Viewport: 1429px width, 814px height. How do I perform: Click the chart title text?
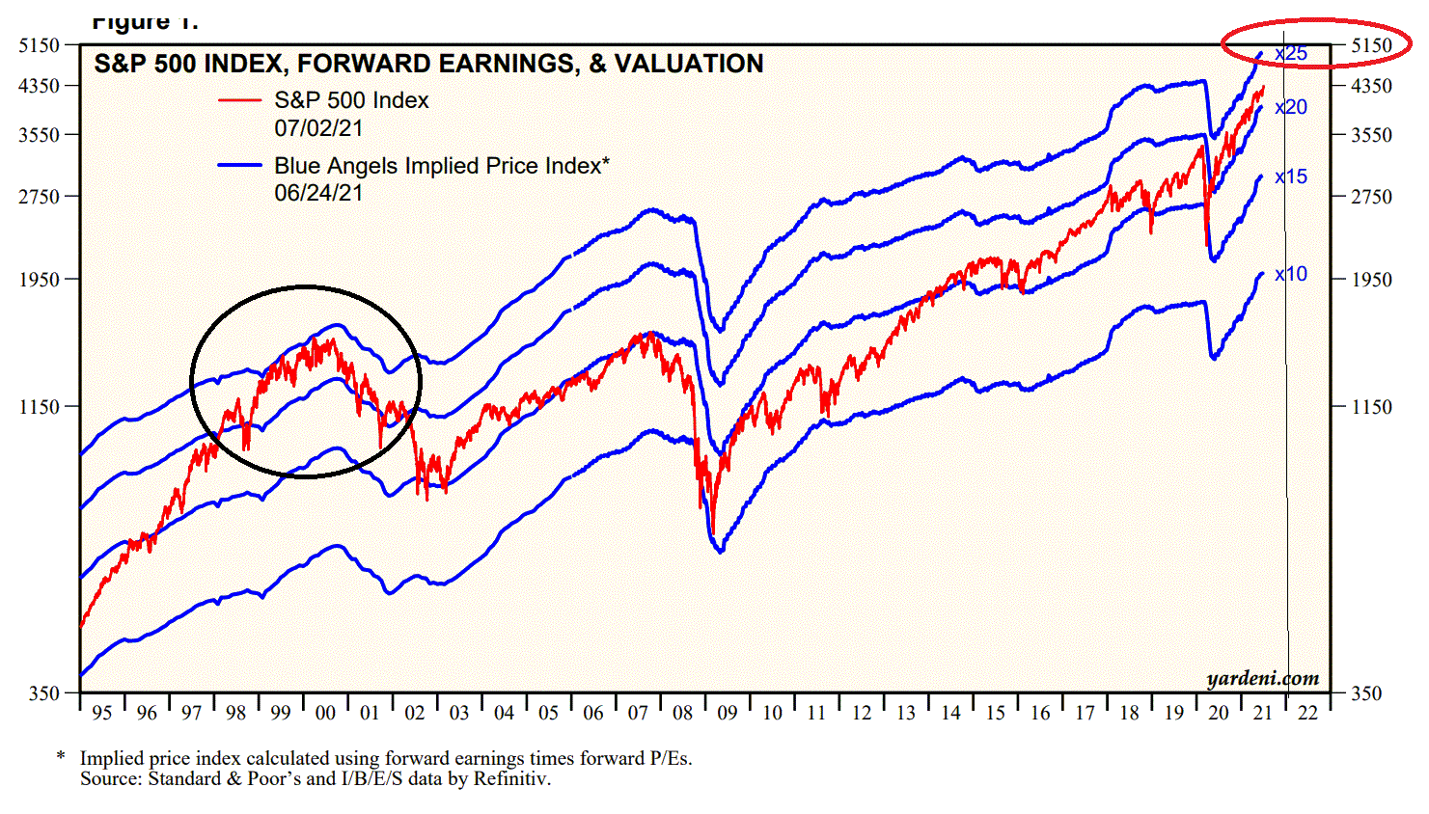coord(428,64)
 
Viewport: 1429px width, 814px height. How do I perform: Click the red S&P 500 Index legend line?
coord(239,100)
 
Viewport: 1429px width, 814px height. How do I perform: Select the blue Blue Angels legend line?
coord(239,165)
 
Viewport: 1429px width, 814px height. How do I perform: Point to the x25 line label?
coord(1291,54)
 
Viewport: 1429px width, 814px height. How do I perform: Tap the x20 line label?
coord(1291,107)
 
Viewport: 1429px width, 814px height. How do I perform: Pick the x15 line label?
coord(1291,176)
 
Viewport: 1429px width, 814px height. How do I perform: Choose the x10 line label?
coord(1291,274)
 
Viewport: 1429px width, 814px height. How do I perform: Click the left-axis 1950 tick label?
coord(40,280)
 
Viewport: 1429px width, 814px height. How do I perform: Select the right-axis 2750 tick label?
coord(1371,197)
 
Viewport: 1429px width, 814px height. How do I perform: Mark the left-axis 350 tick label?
coord(44,693)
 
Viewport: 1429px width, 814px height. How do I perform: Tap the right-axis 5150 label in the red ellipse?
coord(1371,45)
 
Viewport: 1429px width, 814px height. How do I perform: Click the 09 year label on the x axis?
coord(728,713)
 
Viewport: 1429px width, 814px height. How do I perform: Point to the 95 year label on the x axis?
coord(101,713)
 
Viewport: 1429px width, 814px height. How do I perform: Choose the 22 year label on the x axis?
coord(1307,713)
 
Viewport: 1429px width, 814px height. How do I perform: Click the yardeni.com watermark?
coord(1262,678)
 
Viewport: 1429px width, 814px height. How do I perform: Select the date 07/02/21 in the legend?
coord(318,127)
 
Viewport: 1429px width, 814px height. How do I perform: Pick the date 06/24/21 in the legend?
coord(318,193)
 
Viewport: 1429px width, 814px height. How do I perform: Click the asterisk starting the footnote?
coord(61,758)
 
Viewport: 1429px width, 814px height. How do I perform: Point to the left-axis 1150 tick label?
coord(40,407)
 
